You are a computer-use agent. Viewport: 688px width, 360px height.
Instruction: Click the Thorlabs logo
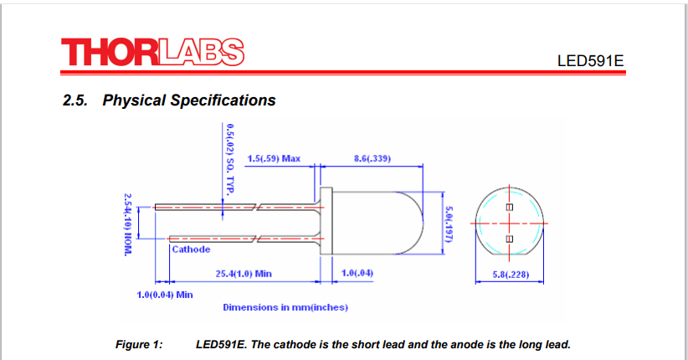pos(152,52)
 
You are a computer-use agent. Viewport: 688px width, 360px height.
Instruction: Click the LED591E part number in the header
pos(590,61)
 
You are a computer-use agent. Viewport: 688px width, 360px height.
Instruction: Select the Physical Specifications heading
pos(169,100)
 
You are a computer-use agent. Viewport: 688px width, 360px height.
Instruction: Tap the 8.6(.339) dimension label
pos(372,158)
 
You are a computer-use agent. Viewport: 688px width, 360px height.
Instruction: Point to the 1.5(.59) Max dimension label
pos(274,158)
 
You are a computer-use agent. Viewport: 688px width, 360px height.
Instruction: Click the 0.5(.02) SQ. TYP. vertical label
pos(230,158)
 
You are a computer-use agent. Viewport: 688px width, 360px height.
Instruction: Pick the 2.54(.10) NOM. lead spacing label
pos(128,224)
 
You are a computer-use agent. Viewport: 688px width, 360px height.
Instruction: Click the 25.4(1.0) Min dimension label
pos(244,274)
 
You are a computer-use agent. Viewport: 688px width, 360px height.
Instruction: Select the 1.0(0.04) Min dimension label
pos(165,295)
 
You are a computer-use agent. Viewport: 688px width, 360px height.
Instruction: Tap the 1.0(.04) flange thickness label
pos(357,273)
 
